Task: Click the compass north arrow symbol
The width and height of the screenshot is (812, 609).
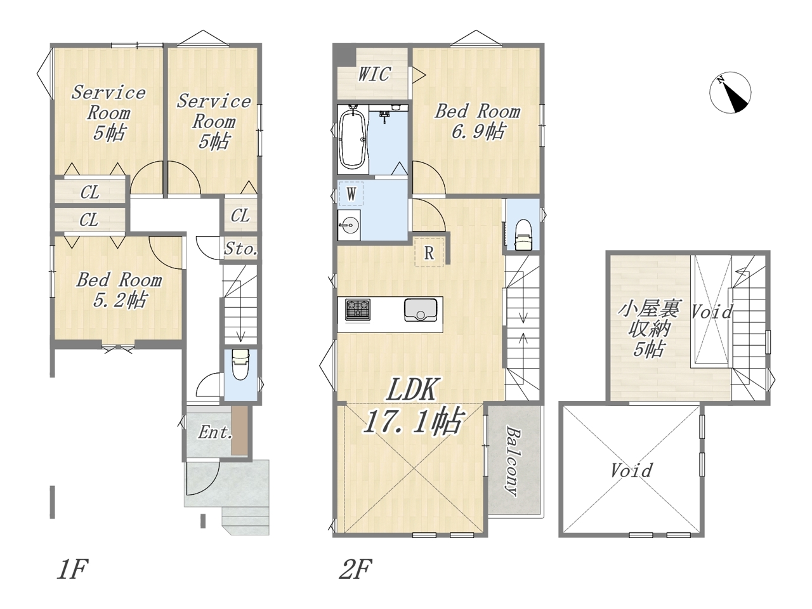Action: [x=730, y=93]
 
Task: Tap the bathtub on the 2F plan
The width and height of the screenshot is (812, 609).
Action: [x=352, y=140]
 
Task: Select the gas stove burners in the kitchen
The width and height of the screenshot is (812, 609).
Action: [x=357, y=310]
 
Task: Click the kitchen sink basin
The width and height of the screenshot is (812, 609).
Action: [x=421, y=310]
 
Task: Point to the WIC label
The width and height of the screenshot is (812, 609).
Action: [x=374, y=74]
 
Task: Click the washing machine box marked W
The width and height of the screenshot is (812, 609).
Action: [x=351, y=193]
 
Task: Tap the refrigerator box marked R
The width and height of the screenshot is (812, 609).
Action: [x=429, y=253]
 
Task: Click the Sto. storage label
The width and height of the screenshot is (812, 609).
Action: [x=240, y=249]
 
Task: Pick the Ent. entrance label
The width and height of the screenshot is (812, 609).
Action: [x=215, y=432]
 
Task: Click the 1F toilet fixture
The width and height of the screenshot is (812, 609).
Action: [x=240, y=365]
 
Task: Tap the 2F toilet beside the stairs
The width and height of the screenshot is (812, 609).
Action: [x=523, y=235]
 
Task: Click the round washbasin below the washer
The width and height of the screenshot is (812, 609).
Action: [x=349, y=224]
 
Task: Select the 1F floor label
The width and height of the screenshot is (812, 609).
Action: [x=72, y=570]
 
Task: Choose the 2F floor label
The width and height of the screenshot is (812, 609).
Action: [x=355, y=570]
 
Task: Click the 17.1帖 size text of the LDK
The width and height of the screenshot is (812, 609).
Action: [x=413, y=421]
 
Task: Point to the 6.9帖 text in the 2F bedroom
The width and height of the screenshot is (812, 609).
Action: [x=478, y=131]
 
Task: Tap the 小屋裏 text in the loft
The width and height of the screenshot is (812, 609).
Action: [x=649, y=309]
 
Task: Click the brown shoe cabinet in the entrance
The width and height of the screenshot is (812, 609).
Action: [x=239, y=431]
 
